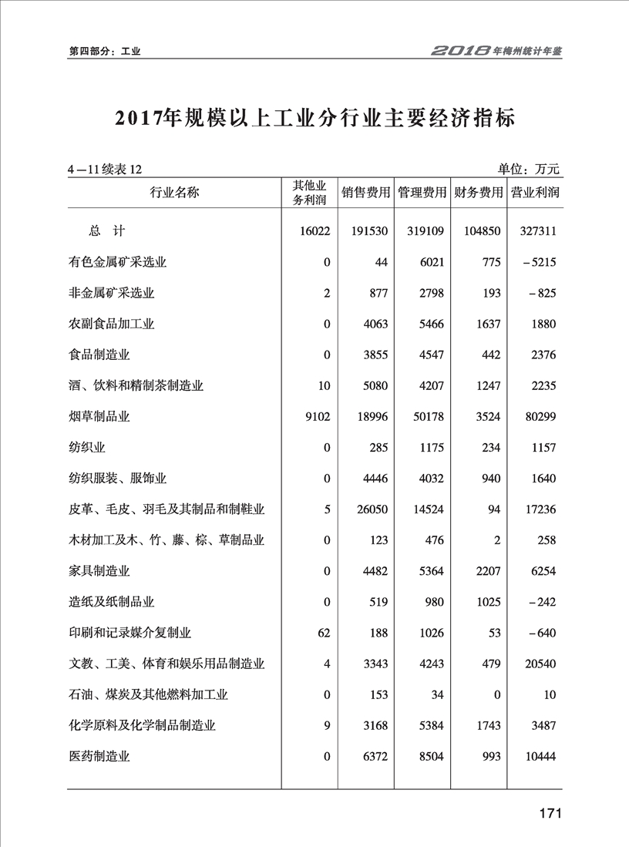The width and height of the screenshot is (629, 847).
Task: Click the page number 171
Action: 549,815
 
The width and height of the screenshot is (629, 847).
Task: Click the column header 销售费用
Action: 366,193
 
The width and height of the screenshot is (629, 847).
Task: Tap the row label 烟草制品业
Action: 99,417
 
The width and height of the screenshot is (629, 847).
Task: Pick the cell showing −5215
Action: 538,263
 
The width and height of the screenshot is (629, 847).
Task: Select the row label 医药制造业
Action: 99,757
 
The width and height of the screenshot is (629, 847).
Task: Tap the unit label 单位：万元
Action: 529,169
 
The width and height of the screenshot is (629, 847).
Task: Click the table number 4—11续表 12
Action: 105,170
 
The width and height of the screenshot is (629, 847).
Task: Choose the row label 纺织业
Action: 86,448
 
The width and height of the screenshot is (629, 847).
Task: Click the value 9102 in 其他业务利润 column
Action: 318,417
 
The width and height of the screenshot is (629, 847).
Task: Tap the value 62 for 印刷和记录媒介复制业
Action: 324,633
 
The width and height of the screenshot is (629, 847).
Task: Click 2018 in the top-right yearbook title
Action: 460,52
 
